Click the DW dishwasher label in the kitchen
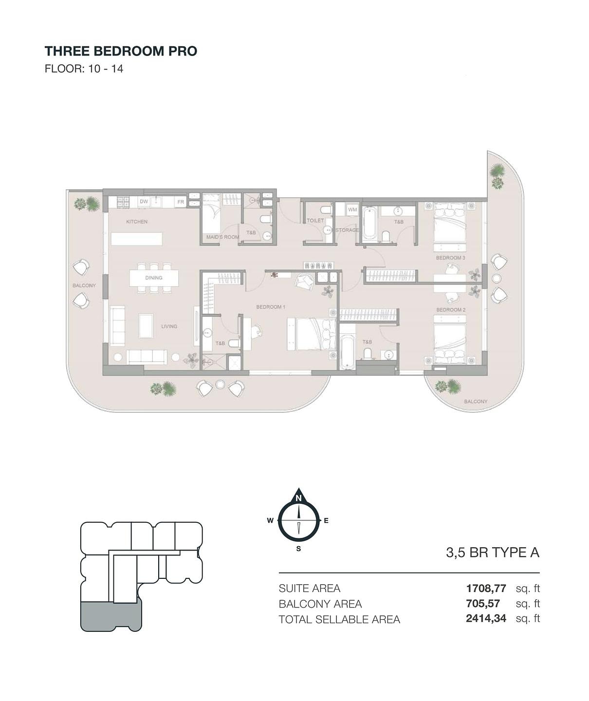point(144,202)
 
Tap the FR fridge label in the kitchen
point(181,202)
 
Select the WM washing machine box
point(352,209)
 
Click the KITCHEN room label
point(137,221)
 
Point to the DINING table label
point(154,277)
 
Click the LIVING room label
point(169,326)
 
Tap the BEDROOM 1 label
point(271,307)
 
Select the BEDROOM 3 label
point(451,258)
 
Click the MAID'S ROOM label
point(222,237)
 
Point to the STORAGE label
point(347,230)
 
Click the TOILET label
point(315,221)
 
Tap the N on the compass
point(298,498)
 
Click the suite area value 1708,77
point(486,588)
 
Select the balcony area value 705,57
point(483,604)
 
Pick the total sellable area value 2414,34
point(486,618)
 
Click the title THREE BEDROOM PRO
point(121,51)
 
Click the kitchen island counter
point(136,239)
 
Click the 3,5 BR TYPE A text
point(493,553)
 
